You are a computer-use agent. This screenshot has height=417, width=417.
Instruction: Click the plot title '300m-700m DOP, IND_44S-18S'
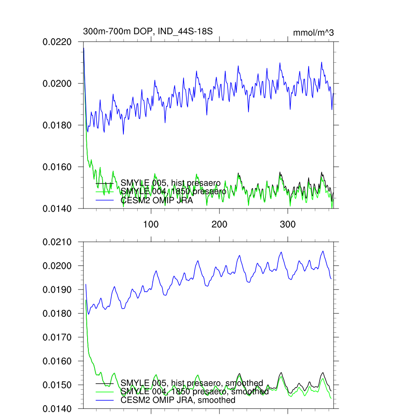(x=148, y=31)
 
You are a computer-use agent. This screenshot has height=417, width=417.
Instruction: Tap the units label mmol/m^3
(x=313, y=33)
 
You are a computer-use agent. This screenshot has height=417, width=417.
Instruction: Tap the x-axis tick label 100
(x=151, y=224)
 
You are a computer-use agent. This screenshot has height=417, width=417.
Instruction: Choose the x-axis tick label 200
(x=219, y=224)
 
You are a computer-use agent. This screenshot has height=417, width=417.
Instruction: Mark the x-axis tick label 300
(x=288, y=224)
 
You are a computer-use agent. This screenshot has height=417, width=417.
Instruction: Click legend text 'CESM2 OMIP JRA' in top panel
(x=156, y=200)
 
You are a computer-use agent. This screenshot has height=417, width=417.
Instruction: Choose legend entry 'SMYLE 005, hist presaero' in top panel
(x=171, y=182)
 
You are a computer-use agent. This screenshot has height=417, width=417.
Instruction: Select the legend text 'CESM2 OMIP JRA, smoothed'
(x=178, y=400)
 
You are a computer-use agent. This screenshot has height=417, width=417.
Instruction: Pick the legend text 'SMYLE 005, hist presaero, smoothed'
(x=192, y=383)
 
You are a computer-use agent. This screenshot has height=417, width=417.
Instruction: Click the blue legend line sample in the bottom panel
(x=104, y=401)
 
